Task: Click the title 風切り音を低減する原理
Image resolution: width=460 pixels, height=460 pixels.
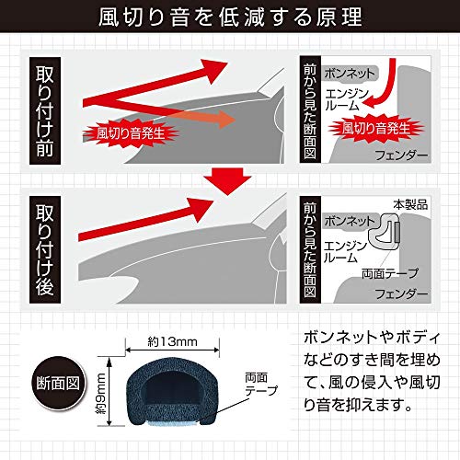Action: (230, 17)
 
